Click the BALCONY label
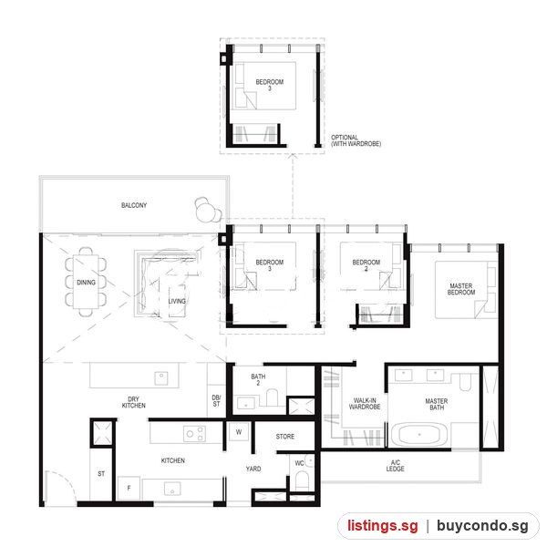click(x=134, y=205)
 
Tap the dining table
click(x=86, y=282)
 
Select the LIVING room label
click(x=177, y=301)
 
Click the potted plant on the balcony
click(x=208, y=210)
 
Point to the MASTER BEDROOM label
click(x=461, y=289)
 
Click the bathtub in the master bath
click(x=419, y=435)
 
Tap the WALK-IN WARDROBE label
click(x=365, y=403)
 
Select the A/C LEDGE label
click(x=396, y=466)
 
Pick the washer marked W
click(x=239, y=432)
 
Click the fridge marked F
click(x=129, y=488)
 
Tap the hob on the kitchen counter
click(x=195, y=434)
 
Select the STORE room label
click(x=285, y=437)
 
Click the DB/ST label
click(x=216, y=401)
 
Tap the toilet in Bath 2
click(x=272, y=397)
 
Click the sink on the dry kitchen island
click(x=161, y=378)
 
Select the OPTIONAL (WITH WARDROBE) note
click(x=356, y=140)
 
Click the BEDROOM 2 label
click(x=366, y=265)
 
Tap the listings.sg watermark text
click(x=382, y=525)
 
